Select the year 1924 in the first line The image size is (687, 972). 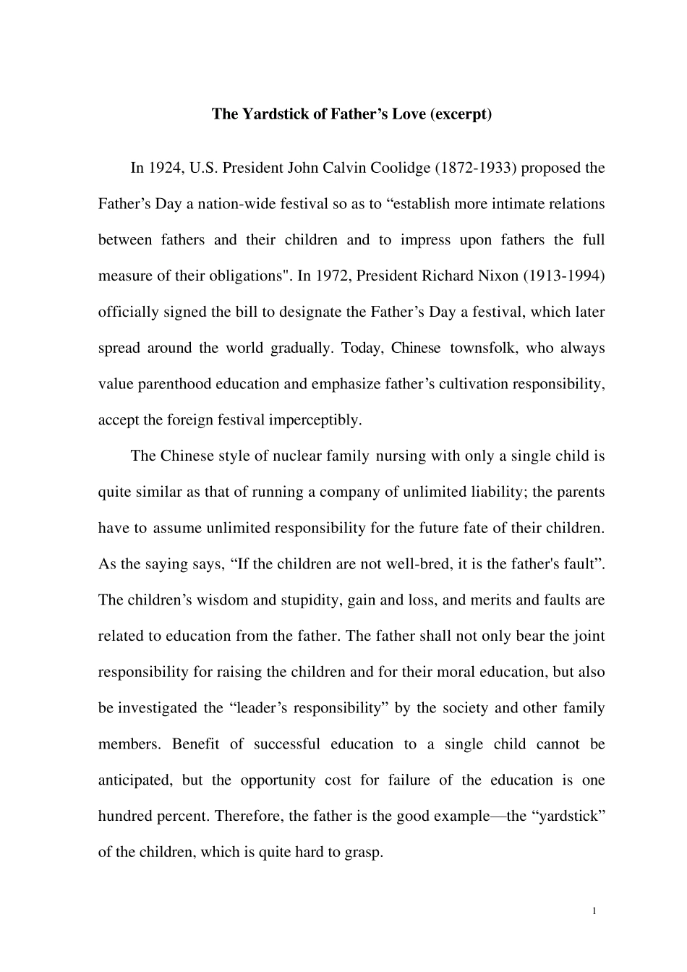[165, 169]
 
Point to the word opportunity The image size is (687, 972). [278, 780]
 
